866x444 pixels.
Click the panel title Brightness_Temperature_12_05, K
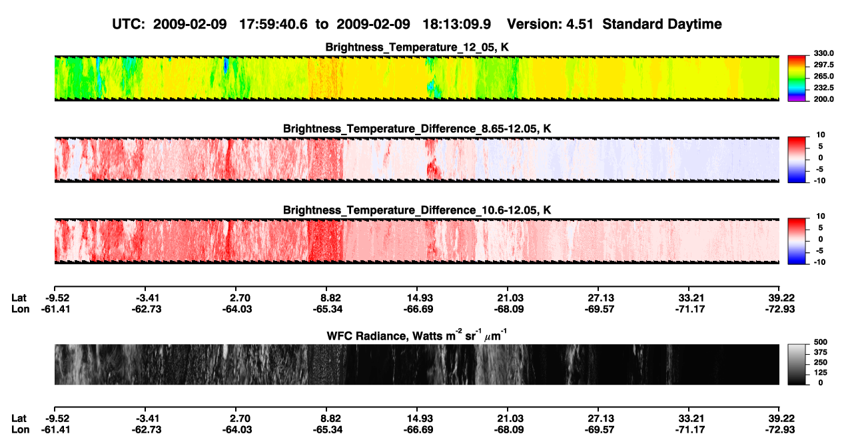click(417, 47)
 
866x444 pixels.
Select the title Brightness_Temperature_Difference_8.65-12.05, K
click(417, 128)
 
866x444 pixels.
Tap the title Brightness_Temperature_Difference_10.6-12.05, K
click(417, 210)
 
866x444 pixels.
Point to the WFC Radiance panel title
click(416, 335)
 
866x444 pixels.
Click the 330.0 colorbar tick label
click(823, 53)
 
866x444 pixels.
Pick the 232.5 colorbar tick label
click(823, 88)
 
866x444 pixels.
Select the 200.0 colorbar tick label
click(823, 99)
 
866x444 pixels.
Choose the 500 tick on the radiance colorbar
click(820, 342)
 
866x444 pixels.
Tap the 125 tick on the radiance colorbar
click(820, 373)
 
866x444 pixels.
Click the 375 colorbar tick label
click(820, 352)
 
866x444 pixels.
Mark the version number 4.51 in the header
click(580, 24)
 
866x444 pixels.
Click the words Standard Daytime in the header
click(662, 24)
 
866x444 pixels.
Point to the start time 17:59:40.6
click(273, 24)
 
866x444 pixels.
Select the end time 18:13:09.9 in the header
click(456, 24)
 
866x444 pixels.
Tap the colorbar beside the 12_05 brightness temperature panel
click(797, 79)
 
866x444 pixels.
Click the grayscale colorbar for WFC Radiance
click(797, 364)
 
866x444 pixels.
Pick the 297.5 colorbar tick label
click(823, 65)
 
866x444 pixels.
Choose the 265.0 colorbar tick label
click(823, 76)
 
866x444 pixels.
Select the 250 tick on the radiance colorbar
click(820, 363)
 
